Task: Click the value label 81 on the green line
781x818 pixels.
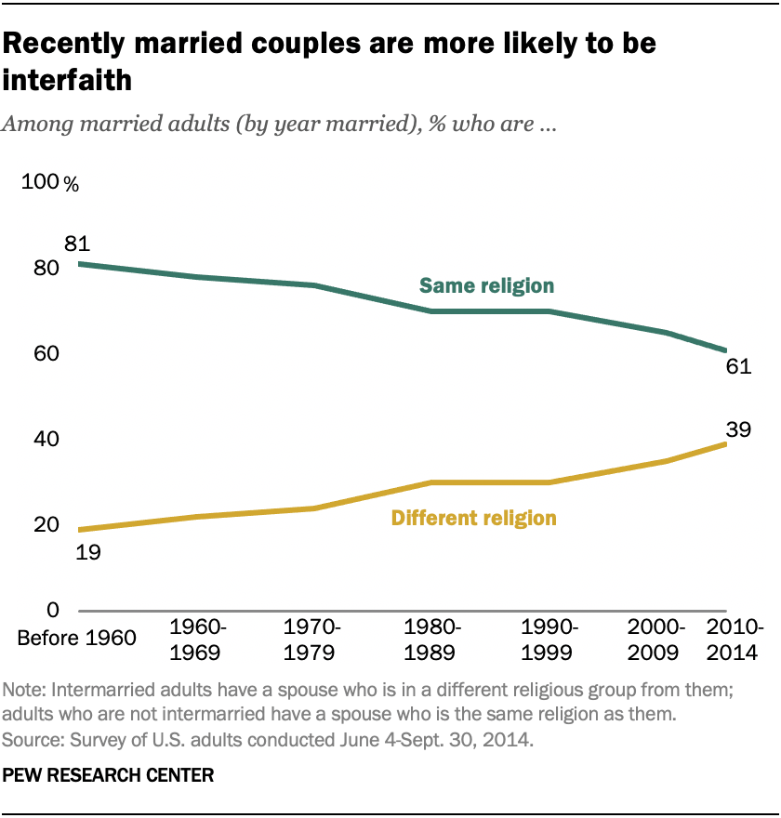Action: click(x=75, y=244)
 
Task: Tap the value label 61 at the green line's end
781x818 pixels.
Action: click(x=738, y=366)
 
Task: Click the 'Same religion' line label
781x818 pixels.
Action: click(x=486, y=285)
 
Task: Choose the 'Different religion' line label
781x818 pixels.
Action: click(x=474, y=518)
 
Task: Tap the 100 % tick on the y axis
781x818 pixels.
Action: click(x=51, y=183)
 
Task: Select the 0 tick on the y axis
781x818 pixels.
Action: click(x=53, y=611)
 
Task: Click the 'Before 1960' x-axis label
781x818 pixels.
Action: click(x=77, y=639)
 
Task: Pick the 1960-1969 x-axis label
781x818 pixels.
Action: click(x=195, y=639)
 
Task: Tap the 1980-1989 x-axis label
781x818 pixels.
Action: click(x=430, y=639)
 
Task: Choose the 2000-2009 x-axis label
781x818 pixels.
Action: click(x=657, y=639)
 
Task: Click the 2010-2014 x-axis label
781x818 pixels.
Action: click(x=735, y=639)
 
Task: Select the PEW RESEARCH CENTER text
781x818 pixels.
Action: click(x=109, y=773)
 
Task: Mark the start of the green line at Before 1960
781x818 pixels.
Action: click(x=80, y=264)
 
